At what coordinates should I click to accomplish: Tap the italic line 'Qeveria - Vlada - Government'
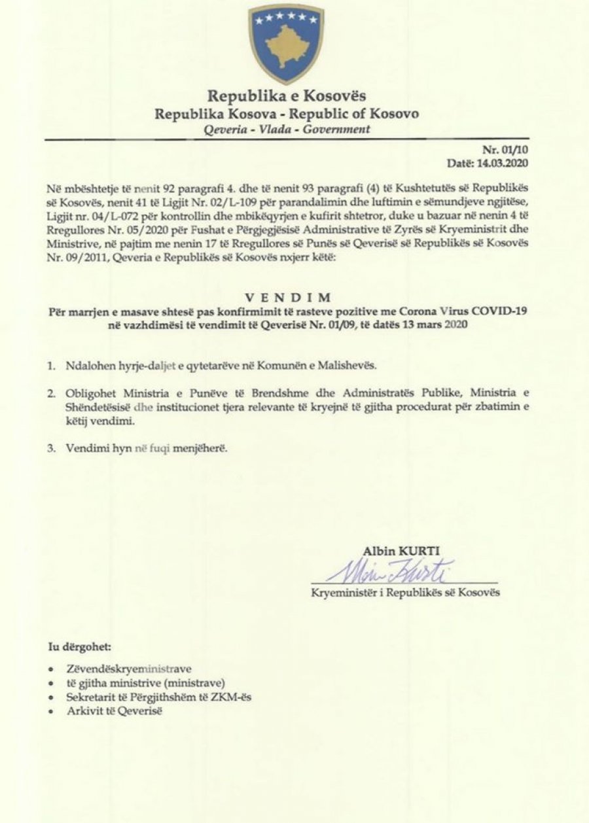click(x=287, y=129)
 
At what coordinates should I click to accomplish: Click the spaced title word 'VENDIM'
click(x=289, y=297)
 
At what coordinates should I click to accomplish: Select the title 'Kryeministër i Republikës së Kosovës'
click(x=405, y=593)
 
